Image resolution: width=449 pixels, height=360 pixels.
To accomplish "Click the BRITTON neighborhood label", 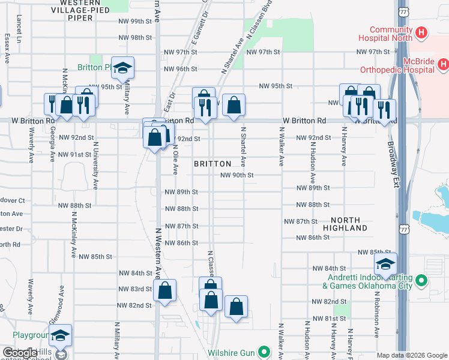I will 212,164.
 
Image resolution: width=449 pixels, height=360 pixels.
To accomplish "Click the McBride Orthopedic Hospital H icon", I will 443,63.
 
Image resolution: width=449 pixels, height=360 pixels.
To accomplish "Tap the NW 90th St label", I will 238,175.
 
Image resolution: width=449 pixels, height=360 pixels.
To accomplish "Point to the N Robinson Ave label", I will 377,331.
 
